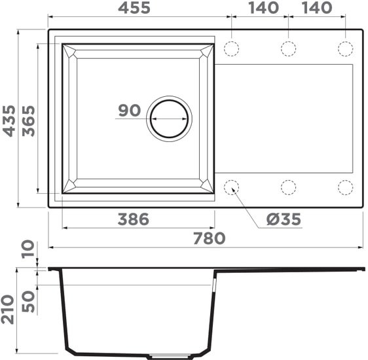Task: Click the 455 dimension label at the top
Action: click(x=134, y=8)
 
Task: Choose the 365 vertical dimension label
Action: click(x=28, y=119)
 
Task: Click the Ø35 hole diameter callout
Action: click(x=284, y=219)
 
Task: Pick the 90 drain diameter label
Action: click(x=130, y=110)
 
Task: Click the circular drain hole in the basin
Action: click(x=169, y=118)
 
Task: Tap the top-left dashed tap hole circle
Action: click(x=232, y=48)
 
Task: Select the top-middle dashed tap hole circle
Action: click(x=288, y=48)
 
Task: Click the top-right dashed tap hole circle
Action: click(x=345, y=48)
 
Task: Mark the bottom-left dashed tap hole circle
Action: click(x=232, y=187)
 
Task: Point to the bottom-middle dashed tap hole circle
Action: click(x=288, y=187)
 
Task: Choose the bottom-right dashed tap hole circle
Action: click(x=345, y=187)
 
